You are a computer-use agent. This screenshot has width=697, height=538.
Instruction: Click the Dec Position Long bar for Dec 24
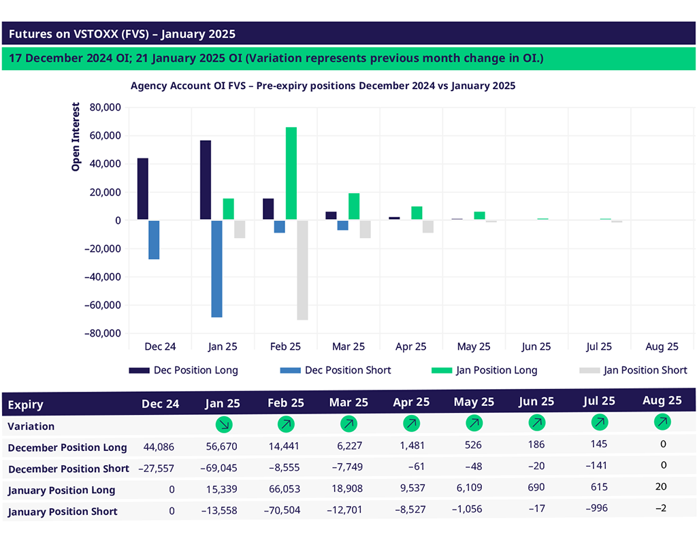pos(143,189)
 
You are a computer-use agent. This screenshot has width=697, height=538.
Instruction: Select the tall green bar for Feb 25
pos(291,173)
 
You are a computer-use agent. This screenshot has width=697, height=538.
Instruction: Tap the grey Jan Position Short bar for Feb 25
pos(302,270)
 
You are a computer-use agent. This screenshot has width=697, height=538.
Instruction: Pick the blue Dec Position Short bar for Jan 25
pos(216,269)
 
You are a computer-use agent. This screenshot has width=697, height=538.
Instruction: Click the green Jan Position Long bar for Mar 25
pos(354,207)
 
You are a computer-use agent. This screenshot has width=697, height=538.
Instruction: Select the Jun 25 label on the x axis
pos(536,347)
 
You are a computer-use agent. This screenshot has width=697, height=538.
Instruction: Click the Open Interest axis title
pos(76,136)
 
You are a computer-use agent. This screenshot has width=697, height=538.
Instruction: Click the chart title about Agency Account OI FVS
pos(323,86)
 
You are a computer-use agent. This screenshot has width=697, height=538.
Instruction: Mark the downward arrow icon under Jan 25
pos(223,424)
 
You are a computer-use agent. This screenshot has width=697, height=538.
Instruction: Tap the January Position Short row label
pos(63,511)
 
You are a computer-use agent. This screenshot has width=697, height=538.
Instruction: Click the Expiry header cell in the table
pos(26,405)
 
